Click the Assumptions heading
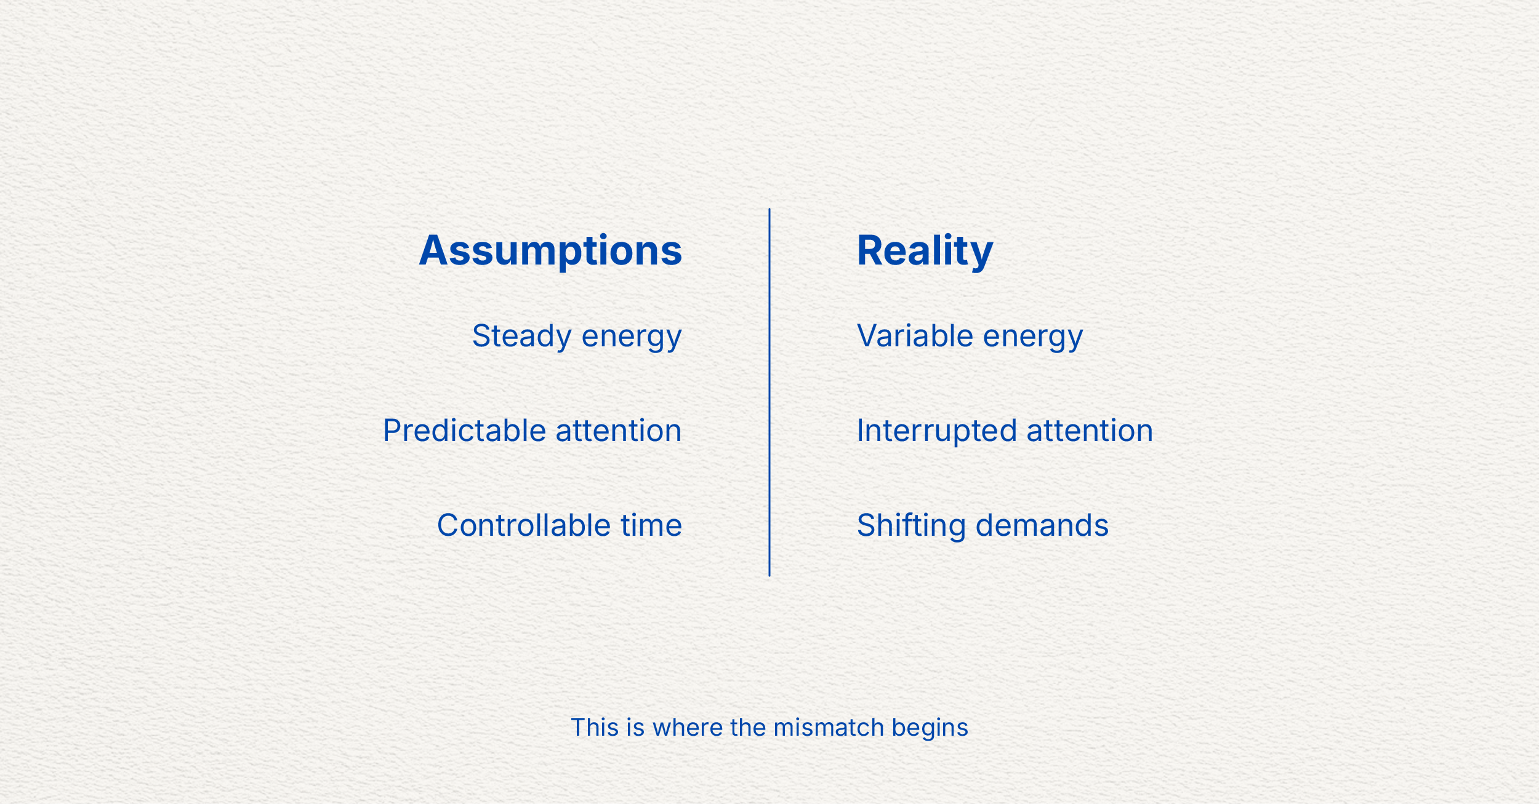550,250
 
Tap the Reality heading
925,250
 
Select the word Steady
522,336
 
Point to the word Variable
915,336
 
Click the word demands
1042,525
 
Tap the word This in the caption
594,728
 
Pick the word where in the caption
687,728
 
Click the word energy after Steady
632,337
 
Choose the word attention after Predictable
619,431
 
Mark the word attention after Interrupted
1090,431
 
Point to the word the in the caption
747,728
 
